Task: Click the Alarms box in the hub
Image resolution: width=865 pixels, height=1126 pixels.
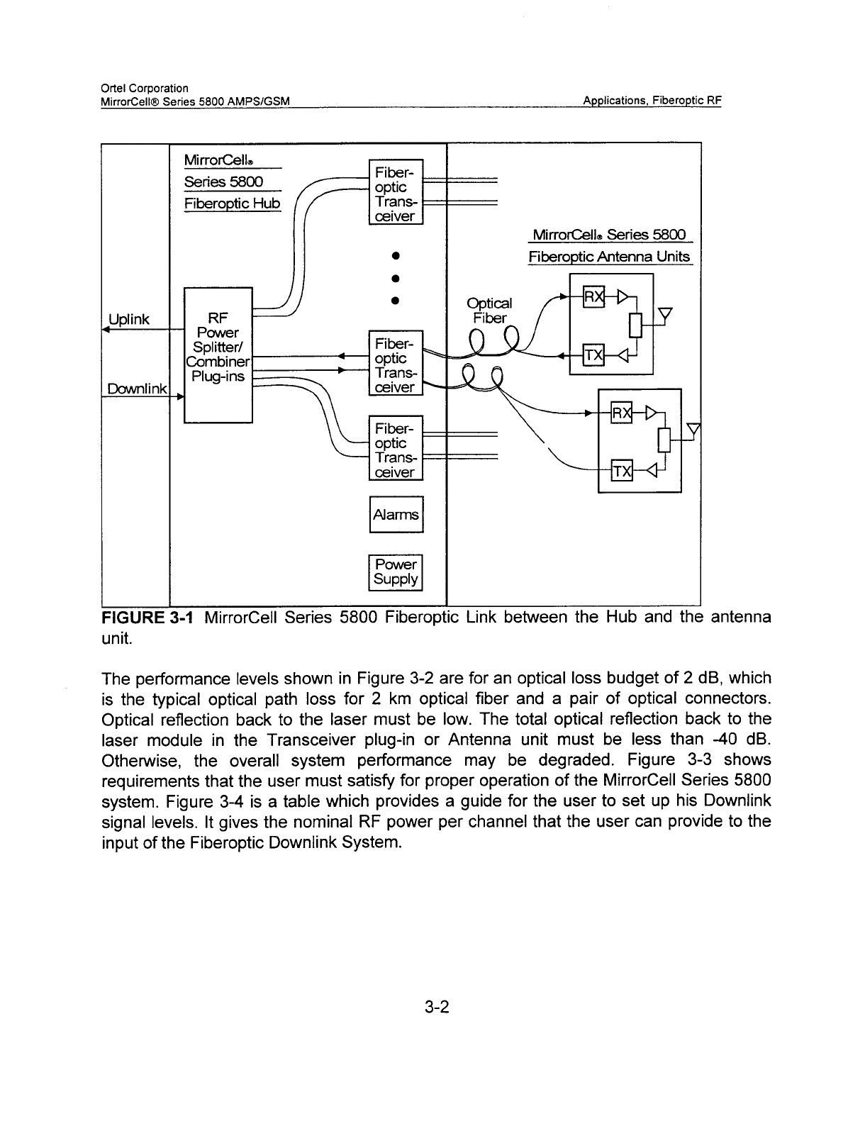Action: click(396, 515)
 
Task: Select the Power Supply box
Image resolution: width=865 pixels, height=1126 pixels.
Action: click(396, 573)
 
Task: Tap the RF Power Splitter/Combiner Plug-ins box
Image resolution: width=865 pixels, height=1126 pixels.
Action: click(218, 355)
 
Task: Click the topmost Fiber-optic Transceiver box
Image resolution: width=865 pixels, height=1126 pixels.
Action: click(396, 191)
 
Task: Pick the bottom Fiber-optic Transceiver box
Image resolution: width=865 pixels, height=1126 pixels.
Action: click(396, 448)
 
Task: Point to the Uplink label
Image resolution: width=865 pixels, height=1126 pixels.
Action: click(129, 319)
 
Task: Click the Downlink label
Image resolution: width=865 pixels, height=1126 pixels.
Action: click(137, 389)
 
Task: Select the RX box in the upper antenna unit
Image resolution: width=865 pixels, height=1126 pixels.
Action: click(593, 296)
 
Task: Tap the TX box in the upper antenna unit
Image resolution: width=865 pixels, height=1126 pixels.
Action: click(593, 355)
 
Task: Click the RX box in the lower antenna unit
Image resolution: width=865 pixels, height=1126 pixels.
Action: click(622, 413)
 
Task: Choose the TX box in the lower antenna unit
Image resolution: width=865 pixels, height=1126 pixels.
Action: click(622, 471)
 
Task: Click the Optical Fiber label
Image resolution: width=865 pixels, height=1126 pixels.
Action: click(489, 311)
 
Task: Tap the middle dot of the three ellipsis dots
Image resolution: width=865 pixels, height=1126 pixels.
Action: click(396, 278)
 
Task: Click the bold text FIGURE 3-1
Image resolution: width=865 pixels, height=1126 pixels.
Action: click(147, 618)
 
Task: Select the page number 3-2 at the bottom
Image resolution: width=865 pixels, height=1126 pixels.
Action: click(437, 1007)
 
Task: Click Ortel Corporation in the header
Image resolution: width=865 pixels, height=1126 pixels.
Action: click(145, 88)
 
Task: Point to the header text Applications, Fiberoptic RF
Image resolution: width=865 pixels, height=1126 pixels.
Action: click(652, 101)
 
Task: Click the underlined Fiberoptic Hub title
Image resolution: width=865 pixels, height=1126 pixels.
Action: click(232, 203)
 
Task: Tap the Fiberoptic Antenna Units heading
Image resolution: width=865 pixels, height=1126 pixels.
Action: click(609, 257)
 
